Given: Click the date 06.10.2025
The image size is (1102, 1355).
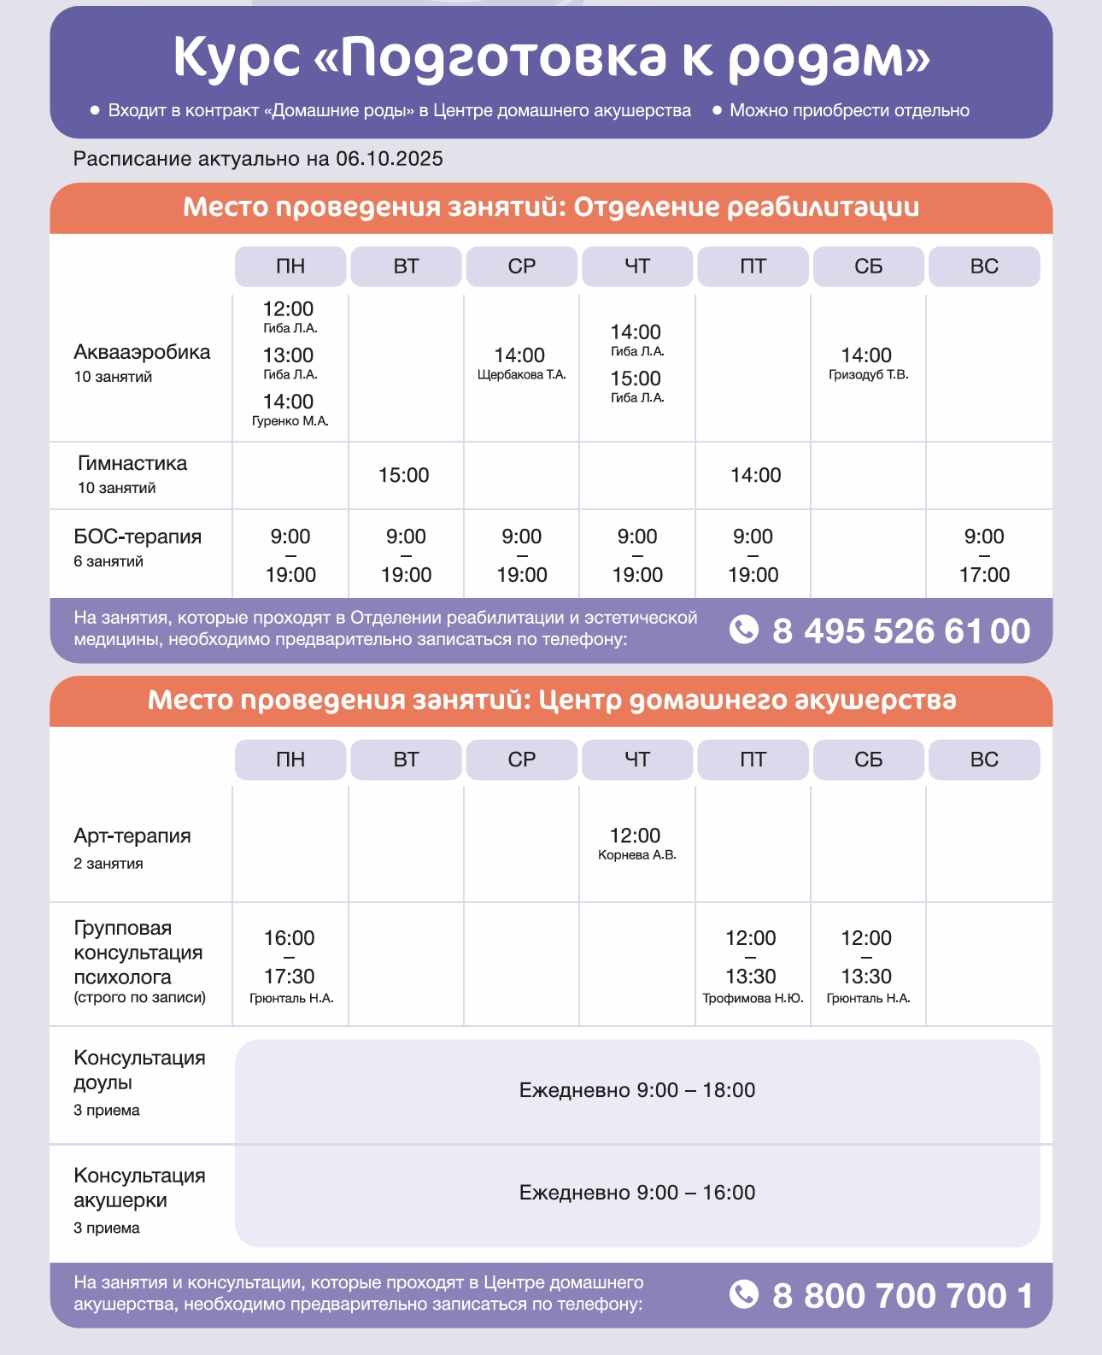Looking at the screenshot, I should [x=390, y=159].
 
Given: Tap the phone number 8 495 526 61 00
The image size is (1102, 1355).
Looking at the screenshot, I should [x=901, y=631].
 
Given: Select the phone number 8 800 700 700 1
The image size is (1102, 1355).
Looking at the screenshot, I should [x=902, y=1296].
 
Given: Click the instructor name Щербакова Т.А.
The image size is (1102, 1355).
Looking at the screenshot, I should [x=521, y=375].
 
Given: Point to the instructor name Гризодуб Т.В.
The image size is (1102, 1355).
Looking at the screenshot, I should [x=868, y=375].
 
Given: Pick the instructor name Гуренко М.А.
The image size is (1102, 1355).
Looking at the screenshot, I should [x=290, y=421].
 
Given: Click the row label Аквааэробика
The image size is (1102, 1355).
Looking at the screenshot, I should [x=142, y=352].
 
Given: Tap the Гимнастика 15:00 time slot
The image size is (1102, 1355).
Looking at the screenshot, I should [x=404, y=476].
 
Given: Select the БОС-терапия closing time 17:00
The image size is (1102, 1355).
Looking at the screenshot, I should [x=984, y=576].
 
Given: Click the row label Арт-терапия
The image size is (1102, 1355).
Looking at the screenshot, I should [x=132, y=836].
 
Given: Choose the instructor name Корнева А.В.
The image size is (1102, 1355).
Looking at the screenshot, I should [x=636, y=855].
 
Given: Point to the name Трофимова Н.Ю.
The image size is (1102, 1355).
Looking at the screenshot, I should [x=753, y=999].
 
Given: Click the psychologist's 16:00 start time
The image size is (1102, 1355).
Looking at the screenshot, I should [x=290, y=938].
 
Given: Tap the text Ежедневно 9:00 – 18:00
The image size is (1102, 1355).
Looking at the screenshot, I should [x=637, y=1090].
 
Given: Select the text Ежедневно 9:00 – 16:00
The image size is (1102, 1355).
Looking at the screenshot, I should [x=637, y=1193].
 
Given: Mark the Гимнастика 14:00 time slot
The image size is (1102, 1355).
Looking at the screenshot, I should [x=755, y=476].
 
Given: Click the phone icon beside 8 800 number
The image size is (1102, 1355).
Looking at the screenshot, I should [x=744, y=1294].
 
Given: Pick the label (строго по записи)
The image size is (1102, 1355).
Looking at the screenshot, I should [x=139, y=998].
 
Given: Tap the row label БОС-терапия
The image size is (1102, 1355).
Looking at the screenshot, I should [x=138, y=537].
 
